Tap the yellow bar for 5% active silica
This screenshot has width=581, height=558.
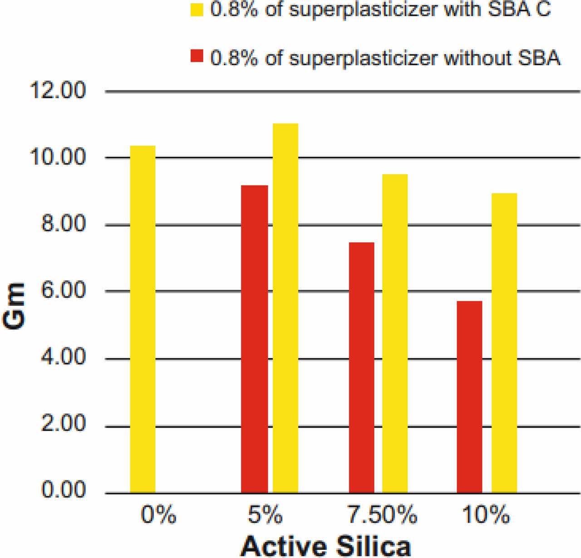pyautogui.click(x=286, y=308)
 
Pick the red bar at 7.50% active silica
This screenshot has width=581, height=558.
pyautogui.click(x=362, y=367)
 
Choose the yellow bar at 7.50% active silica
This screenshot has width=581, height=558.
pyautogui.click(x=395, y=333)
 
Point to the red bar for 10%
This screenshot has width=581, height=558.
pyautogui.click(x=469, y=397)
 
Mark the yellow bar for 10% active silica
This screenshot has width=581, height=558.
pyautogui.click(x=504, y=343)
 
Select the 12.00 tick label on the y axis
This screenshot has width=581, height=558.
pyautogui.click(x=58, y=91)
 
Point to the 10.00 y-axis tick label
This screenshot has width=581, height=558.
pyautogui.click(x=58, y=157)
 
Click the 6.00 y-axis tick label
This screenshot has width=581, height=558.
pyautogui.click(x=63, y=290)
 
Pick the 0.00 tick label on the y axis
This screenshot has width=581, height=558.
pyautogui.click(x=63, y=490)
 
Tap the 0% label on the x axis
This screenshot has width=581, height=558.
pyautogui.click(x=158, y=515)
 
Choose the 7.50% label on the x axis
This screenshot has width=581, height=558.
pyautogui.click(x=382, y=515)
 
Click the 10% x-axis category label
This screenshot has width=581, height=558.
pyautogui.click(x=486, y=515)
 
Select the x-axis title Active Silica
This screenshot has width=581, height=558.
pyautogui.click(x=325, y=545)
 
